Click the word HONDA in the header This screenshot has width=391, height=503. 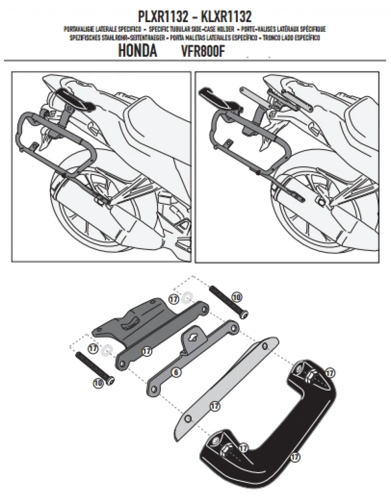[x=137, y=51]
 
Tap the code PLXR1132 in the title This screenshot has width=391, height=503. [x=163, y=17]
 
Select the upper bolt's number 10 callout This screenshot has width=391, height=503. [x=237, y=297]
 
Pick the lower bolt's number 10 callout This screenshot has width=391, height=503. [x=97, y=382]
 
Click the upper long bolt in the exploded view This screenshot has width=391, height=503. [x=228, y=301]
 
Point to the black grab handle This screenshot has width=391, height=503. [x=267, y=423]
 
